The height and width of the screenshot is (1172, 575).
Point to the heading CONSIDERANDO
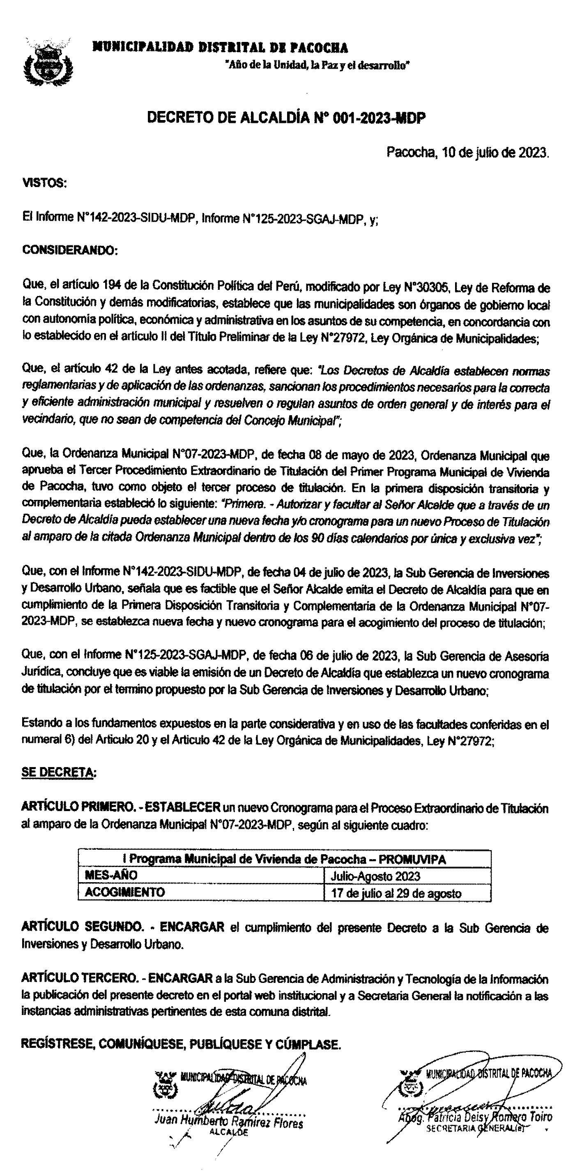[x=69, y=251]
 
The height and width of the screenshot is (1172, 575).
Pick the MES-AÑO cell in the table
[x=111, y=875]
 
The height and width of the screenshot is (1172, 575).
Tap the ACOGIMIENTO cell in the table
[x=124, y=892]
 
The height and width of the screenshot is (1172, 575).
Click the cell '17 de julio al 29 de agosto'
[x=396, y=893]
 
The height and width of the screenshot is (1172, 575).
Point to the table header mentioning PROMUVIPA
[x=284, y=859]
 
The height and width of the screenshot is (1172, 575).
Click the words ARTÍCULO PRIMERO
[x=77, y=809]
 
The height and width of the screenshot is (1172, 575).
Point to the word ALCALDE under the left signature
[x=229, y=1133]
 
